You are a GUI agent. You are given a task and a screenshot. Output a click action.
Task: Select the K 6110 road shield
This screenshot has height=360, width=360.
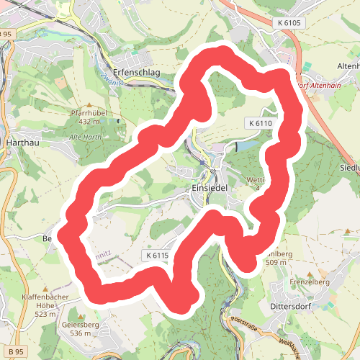pyautogui.click(x=260, y=124)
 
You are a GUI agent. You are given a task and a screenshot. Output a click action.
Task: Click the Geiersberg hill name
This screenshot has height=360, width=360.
pyautogui.click(x=81, y=325)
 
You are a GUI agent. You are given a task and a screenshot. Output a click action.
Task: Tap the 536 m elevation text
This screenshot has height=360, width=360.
pyautogui.click(x=81, y=333)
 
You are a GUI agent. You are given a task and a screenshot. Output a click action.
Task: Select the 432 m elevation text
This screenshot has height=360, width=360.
pyautogui.click(x=89, y=122)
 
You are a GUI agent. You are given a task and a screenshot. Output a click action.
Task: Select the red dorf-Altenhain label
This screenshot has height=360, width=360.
pyautogui.click(x=318, y=84)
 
